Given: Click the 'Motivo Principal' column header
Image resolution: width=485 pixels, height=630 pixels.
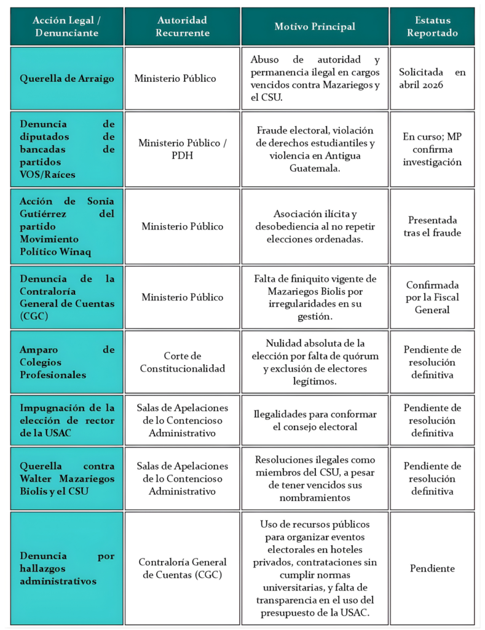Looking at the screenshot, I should pos(314,26).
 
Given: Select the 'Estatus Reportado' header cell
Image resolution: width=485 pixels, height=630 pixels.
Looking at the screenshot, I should pos(432,26).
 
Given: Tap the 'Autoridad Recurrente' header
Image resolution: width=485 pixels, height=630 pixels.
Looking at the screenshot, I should pos(182,26).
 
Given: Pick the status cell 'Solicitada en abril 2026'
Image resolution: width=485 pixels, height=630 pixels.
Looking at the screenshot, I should pos(432,78).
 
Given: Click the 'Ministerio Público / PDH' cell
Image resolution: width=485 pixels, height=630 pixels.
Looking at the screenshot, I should pos(182,149).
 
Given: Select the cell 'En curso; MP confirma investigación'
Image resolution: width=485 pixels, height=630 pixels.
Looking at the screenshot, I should pos(432,149).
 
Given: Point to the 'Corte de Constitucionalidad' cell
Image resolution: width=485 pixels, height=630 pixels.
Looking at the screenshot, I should pos(182,362).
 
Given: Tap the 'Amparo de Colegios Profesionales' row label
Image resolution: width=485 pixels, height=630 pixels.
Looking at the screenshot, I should pos(67,362).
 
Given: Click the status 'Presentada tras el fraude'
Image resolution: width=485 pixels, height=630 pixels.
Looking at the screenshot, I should pos(432,226).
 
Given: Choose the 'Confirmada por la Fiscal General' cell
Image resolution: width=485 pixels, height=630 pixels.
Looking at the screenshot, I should pos(432,297).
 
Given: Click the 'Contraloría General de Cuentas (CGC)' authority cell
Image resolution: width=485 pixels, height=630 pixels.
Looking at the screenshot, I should pos(182,568).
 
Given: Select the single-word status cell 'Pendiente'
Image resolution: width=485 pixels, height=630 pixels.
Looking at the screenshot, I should pos(432,568).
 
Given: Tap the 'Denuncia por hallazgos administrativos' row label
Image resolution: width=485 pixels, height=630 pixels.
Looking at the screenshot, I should pos(67,568).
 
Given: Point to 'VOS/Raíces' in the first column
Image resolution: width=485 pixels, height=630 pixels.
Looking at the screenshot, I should pos(47,175).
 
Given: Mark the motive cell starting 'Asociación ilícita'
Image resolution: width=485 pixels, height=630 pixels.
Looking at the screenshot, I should pos(314,226).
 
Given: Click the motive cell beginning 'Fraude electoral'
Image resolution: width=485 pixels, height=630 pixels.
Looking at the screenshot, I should pos(314,149).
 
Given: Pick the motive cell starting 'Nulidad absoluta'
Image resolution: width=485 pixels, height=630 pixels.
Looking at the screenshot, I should pos(314,362).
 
